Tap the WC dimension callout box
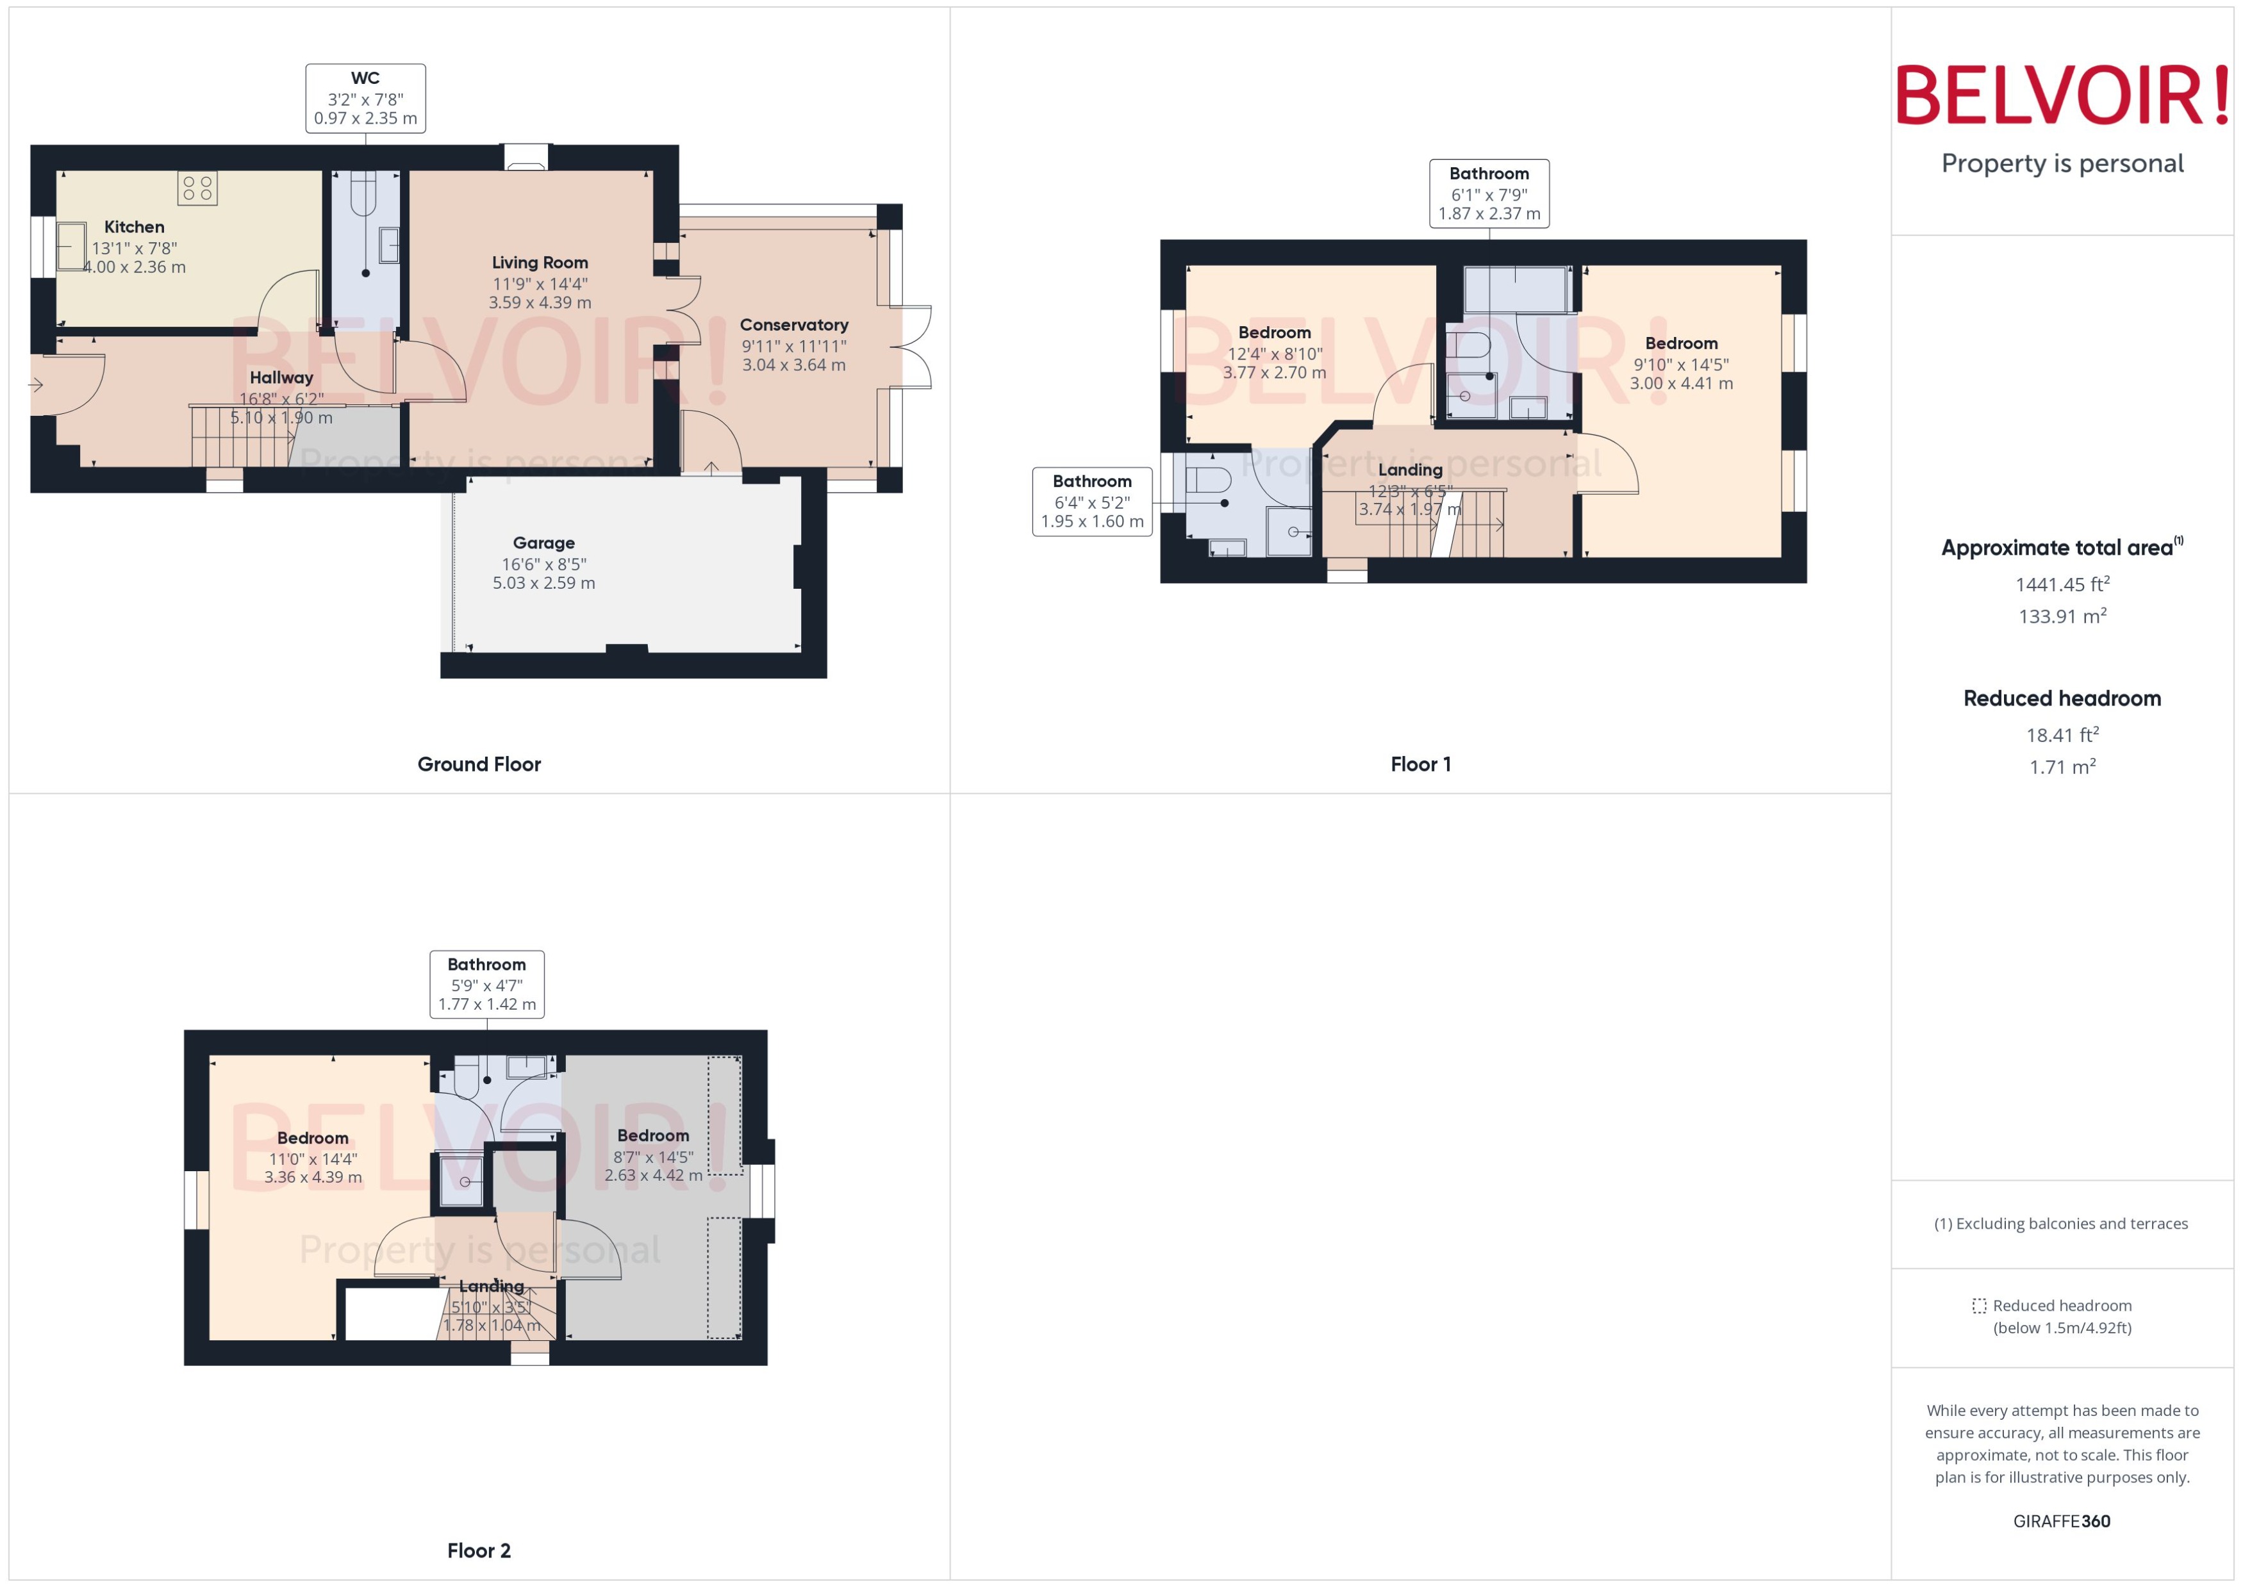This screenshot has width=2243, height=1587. (365, 98)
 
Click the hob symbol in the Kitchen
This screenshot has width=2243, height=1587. (197, 188)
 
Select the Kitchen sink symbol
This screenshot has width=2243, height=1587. (70, 246)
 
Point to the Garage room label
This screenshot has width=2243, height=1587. (543, 543)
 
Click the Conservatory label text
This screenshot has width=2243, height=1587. (793, 324)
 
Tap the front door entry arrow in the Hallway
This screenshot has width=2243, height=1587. (36, 385)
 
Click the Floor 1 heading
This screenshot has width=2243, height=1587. (1420, 764)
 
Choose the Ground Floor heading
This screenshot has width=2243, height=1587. (478, 764)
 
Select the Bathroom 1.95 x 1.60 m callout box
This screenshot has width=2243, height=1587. (1091, 501)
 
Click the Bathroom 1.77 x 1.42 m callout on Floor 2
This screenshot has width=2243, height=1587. (486, 984)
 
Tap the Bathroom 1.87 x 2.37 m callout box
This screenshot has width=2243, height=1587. (1489, 193)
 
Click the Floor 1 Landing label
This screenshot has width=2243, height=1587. (1409, 470)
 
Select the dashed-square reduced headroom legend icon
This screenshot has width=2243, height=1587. (1979, 1306)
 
